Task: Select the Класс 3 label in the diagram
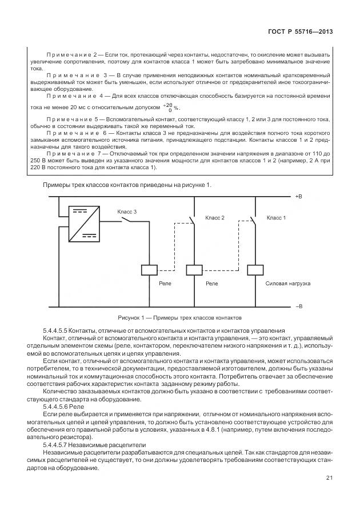(x=127, y=212)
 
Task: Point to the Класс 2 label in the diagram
(x=215, y=218)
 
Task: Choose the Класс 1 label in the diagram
(x=276, y=218)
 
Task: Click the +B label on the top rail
(x=298, y=196)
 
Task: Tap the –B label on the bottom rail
(x=298, y=306)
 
